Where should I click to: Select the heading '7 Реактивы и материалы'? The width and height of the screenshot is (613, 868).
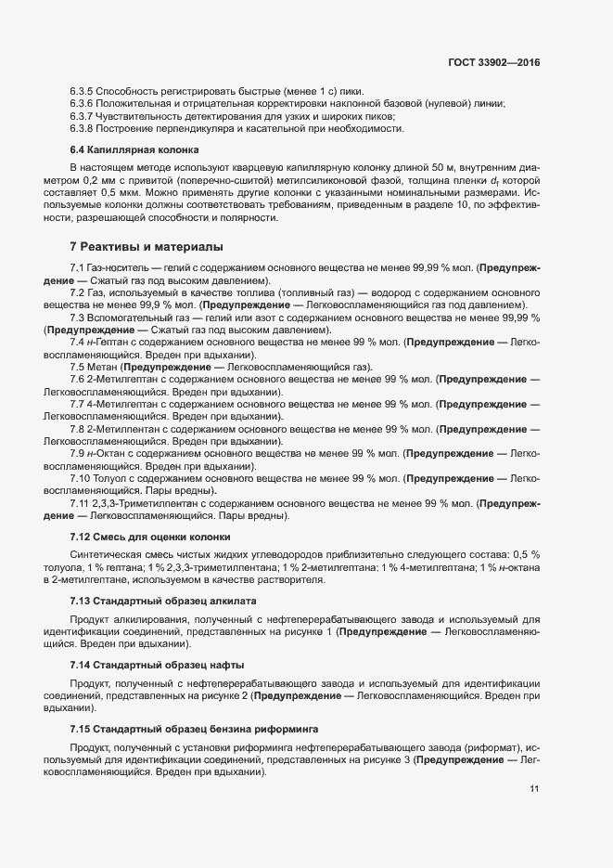[x=147, y=247]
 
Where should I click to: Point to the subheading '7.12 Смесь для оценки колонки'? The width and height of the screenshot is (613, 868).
[x=150, y=538]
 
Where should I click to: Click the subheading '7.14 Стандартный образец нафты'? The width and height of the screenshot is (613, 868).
[x=156, y=666]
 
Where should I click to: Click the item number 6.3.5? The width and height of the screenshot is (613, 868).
[x=82, y=90]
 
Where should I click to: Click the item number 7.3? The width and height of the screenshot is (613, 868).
[x=78, y=317]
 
